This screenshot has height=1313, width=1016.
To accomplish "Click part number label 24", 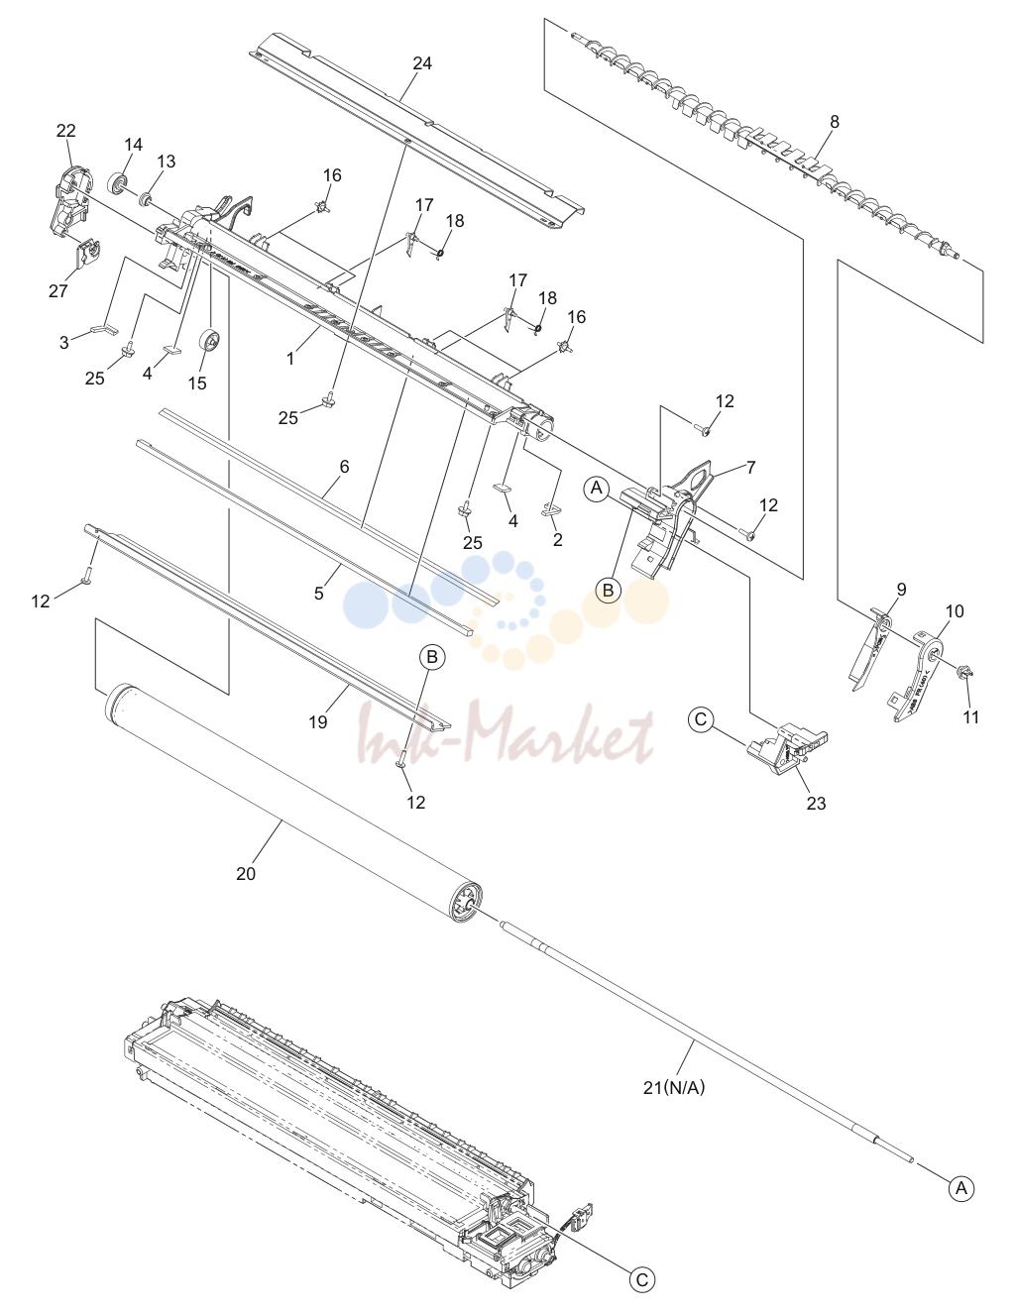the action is (x=422, y=62).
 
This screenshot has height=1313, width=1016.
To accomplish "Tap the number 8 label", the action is (x=834, y=122).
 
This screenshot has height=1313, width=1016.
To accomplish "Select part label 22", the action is (x=65, y=131).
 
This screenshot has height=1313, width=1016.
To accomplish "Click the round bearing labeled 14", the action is (x=117, y=183).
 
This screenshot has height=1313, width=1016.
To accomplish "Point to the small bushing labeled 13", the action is (x=146, y=199).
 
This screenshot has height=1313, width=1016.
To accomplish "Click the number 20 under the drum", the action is (x=246, y=874).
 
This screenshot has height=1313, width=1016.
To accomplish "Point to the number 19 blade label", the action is (x=318, y=721).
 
